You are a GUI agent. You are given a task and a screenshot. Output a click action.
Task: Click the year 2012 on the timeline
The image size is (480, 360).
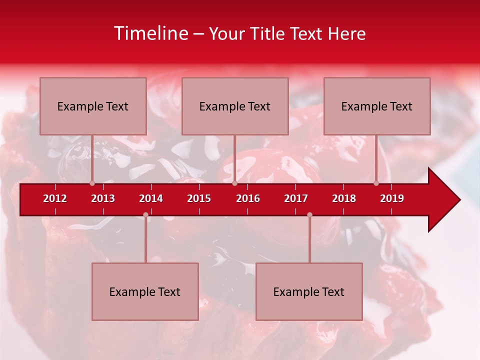click(55, 198)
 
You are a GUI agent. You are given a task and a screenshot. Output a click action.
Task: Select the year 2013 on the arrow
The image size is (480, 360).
click(103, 198)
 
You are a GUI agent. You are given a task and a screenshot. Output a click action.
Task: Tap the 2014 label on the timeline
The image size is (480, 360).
click(151, 198)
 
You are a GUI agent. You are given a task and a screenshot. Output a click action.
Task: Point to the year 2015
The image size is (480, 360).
click(199, 198)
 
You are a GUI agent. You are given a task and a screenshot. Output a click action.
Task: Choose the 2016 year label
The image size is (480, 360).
click(248, 198)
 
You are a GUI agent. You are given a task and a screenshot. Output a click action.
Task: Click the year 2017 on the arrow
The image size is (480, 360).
click(296, 198)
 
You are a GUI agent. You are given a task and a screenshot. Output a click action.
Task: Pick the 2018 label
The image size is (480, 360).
click(344, 198)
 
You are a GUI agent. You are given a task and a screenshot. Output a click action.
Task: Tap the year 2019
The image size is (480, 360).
click(392, 198)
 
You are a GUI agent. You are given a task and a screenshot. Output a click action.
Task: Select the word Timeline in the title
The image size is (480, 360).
click(151, 33)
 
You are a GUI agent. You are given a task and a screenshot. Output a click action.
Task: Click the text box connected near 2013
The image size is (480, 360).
click(93, 106)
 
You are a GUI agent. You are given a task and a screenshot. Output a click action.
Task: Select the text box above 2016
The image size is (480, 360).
click(235, 106)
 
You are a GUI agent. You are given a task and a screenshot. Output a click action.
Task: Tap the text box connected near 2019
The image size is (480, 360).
click(377, 106)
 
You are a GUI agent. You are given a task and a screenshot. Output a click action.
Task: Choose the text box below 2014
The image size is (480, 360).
click(145, 291)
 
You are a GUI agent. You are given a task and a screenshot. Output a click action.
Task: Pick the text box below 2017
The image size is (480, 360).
click(309, 291)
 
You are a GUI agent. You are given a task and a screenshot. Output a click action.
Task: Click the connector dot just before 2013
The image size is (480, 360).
click(92, 183)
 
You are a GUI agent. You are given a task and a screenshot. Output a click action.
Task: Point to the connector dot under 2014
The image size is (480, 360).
click(145, 215)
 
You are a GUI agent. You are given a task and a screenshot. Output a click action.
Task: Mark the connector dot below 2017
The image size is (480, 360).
click(309, 215)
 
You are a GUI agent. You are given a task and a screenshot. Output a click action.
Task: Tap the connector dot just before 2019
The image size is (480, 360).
click(376, 183)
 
